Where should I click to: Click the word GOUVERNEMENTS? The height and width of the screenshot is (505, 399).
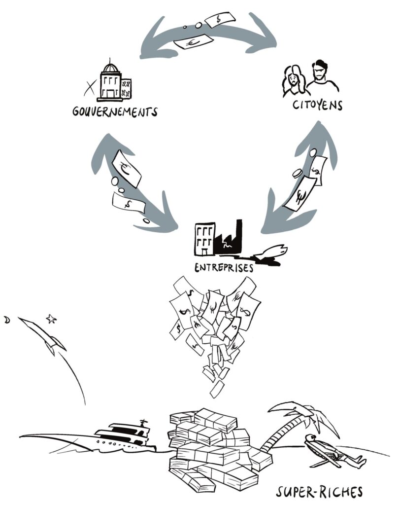click(x=115, y=111)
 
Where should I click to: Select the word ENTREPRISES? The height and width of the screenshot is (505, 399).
click(x=224, y=268)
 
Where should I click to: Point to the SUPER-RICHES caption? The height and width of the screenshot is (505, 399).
click(x=319, y=492)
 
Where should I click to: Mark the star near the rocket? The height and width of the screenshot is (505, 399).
click(x=51, y=319)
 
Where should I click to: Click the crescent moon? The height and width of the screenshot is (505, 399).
click(x=7, y=320)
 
